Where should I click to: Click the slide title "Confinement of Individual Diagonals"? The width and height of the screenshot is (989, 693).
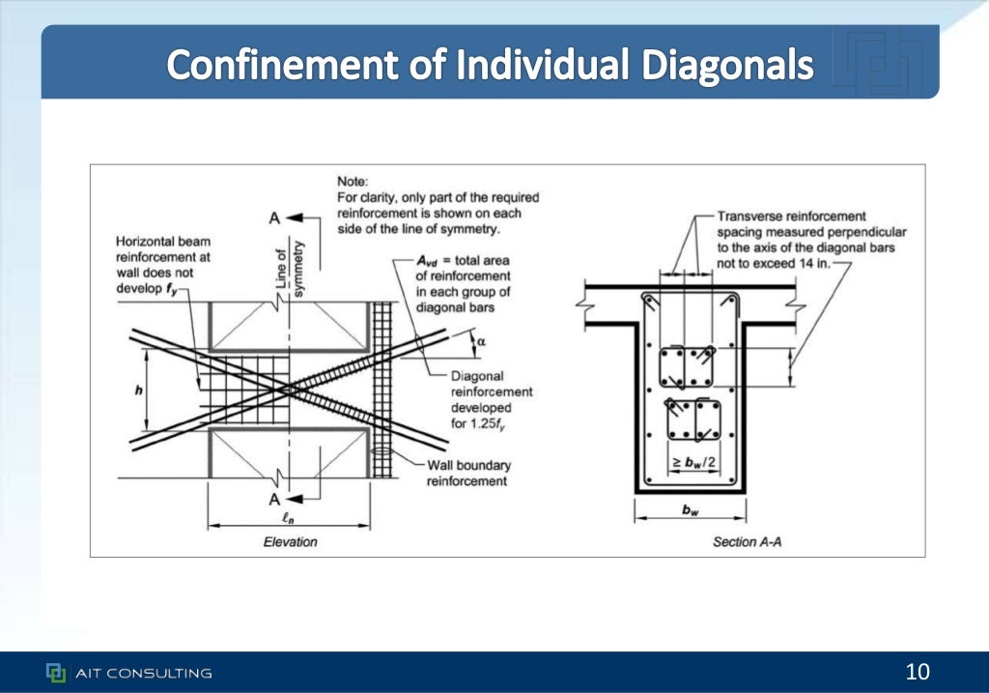tap(490, 65)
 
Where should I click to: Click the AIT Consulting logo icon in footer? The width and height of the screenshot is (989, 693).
tap(56, 673)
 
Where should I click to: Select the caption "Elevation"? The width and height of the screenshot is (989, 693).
tap(290, 542)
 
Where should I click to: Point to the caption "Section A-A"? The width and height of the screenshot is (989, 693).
tap(747, 542)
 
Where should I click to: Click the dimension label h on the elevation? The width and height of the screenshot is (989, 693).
tap(138, 390)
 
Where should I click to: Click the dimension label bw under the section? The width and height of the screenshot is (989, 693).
tap(690, 511)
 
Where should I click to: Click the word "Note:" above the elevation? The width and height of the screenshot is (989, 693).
tap(353, 181)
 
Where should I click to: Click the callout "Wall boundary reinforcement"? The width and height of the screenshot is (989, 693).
tap(468, 473)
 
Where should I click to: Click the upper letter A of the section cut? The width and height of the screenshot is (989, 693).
tap(274, 218)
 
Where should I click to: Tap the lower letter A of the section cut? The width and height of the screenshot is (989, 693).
tap(274, 499)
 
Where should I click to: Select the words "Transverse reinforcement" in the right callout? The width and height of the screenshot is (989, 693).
tap(791, 217)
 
